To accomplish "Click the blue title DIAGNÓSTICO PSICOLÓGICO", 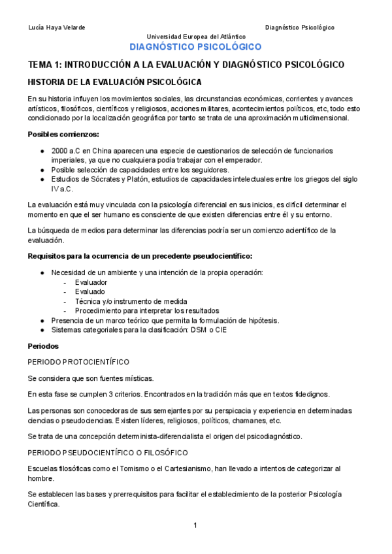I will tap(195, 47).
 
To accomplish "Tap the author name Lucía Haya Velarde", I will tap(57, 27).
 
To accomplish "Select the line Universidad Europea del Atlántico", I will tap(195, 37).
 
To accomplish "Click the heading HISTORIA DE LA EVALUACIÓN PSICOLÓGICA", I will tap(114, 82).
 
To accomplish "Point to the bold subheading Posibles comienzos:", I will tap(63, 135).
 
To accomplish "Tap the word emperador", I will tap(242, 160).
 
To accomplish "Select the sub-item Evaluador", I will tap(91, 282).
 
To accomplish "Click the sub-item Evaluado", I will tap(90, 291).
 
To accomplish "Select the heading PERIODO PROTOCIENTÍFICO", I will tap(78, 362).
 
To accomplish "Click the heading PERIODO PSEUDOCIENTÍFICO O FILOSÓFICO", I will tap(108, 453).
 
